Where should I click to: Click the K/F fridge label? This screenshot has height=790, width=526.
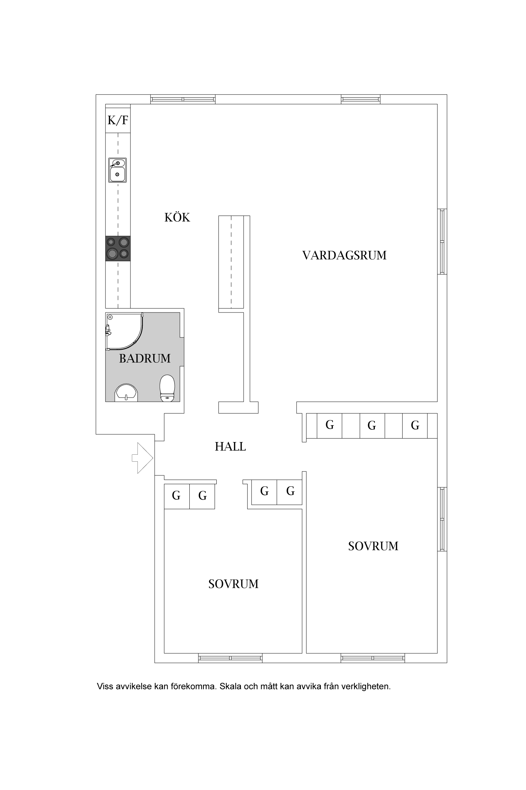tap(118, 120)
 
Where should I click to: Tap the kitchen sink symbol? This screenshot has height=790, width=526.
tap(117, 170)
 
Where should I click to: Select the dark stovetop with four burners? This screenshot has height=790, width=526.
tap(118, 248)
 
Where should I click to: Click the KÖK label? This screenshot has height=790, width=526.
tap(177, 218)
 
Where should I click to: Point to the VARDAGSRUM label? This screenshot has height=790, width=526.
tap(344, 255)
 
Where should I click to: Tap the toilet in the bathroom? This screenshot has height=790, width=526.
tap(167, 388)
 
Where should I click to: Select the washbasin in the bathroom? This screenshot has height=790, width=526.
tap(126, 393)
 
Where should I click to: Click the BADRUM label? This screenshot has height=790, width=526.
tap(145, 358)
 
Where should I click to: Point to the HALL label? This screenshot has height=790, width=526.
tap(230, 447)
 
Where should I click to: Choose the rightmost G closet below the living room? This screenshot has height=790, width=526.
tap(415, 426)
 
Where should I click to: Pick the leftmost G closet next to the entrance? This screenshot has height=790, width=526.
tap(176, 496)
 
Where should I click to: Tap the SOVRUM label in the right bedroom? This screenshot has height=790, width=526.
tap(373, 546)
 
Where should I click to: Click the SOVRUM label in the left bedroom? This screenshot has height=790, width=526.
tap(233, 584)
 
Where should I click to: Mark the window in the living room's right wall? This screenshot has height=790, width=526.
tap(442, 241)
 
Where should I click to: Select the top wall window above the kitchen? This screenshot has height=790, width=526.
tap(183, 99)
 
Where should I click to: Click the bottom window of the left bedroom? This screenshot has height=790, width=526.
tap(230, 658)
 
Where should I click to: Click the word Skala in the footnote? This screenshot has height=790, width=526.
tap(230, 686)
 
